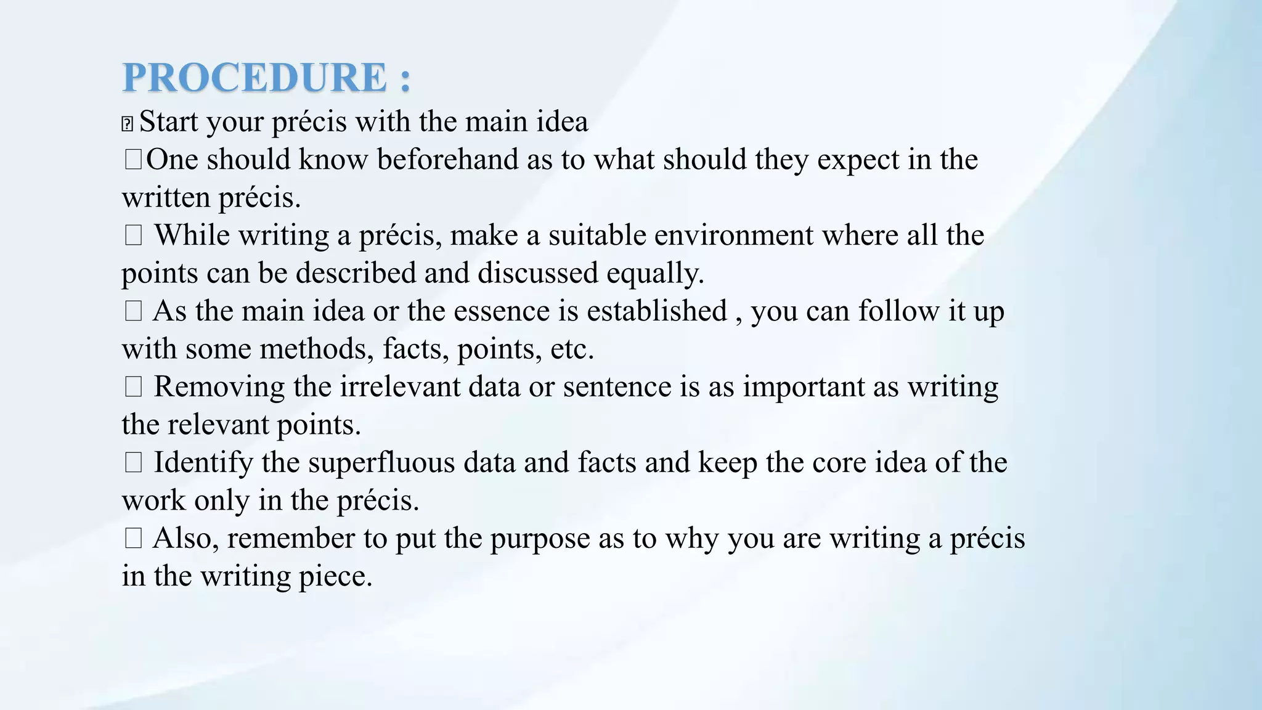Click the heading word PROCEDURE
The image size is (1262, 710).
click(x=254, y=78)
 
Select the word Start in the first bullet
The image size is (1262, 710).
click(x=169, y=121)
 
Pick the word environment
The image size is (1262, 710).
click(x=734, y=235)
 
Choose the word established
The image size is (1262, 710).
click(x=656, y=311)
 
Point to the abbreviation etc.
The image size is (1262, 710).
click(x=572, y=349)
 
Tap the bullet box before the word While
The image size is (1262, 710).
click(x=133, y=235)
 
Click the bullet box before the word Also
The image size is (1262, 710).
click(x=133, y=539)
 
